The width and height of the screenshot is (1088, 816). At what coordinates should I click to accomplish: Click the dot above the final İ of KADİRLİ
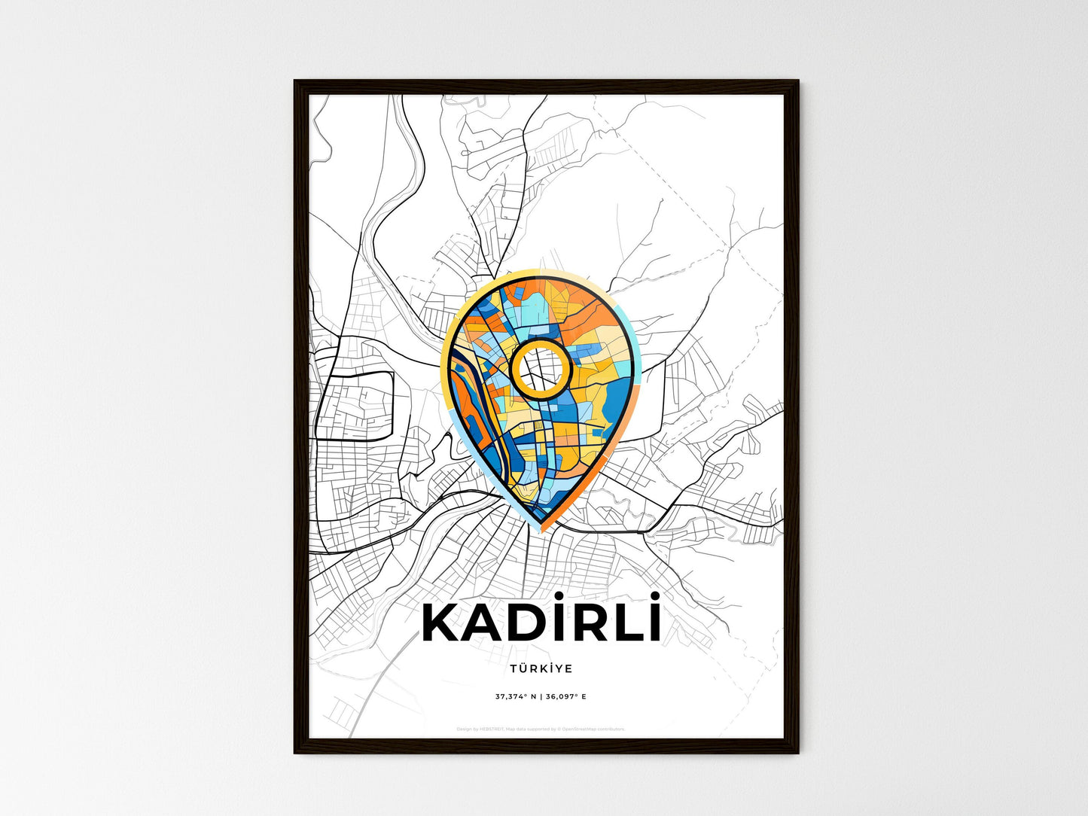coord(657,596)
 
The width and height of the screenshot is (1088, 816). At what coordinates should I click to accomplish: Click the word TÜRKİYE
coord(541,668)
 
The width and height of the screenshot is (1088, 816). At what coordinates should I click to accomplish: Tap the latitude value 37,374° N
coord(516,697)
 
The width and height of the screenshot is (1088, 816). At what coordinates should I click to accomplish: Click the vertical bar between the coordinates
coord(541,697)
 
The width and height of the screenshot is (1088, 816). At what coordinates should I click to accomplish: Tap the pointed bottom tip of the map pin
coord(541,530)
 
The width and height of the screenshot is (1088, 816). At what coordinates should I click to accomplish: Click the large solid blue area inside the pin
coord(617,391)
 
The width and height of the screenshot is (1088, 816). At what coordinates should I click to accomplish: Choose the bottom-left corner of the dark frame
coord(295,752)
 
